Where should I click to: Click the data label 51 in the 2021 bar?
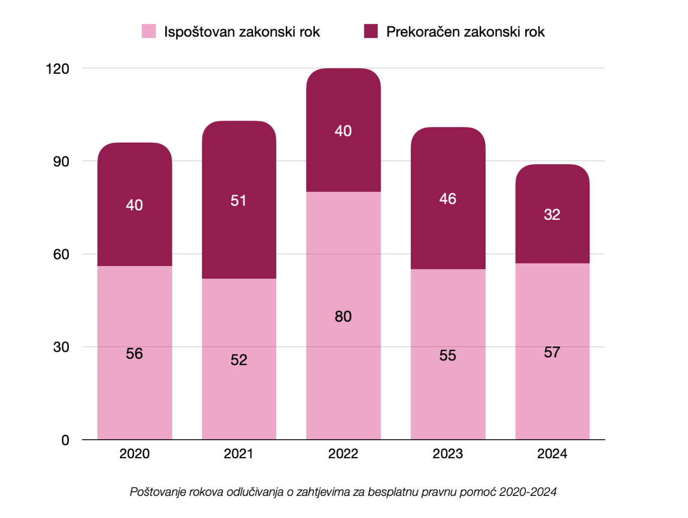(x=239, y=201)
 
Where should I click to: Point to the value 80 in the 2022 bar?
(x=343, y=316)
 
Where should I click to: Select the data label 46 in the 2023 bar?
(x=447, y=199)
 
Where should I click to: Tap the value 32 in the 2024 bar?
(x=552, y=215)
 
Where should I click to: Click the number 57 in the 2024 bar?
(x=552, y=352)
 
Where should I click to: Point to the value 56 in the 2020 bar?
(x=134, y=353)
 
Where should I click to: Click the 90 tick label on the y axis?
(x=61, y=162)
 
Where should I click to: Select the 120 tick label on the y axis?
(x=57, y=69)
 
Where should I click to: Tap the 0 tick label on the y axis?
(x=65, y=440)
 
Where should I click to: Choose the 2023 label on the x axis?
(x=447, y=454)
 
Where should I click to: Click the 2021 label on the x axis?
(x=239, y=454)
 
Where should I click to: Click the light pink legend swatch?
(x=149, y=31)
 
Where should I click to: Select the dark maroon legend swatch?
(x=371, y=31)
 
